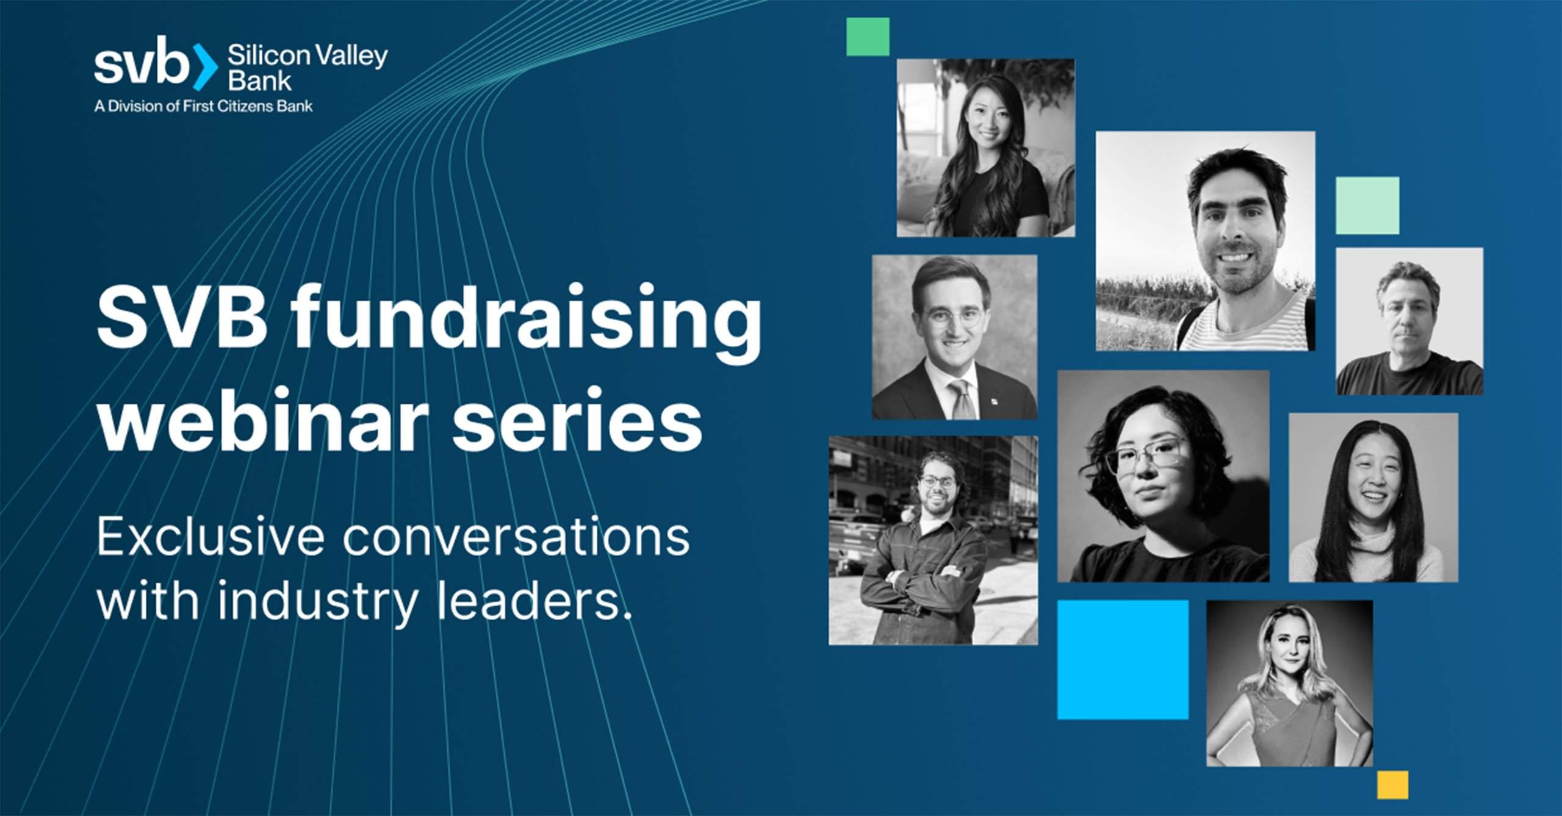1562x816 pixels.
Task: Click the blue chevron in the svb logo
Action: coord(205,66)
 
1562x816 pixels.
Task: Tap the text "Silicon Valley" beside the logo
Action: coord(308,56)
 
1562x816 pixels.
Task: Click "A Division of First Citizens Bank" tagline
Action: coord(204,106)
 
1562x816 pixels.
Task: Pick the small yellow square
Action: coord(1393,785)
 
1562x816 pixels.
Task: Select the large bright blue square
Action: coord(1123,660)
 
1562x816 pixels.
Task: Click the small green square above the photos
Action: coord(868,37)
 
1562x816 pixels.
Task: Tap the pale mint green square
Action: coord(1367,206)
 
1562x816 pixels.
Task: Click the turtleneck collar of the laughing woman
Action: coord(1373,534)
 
